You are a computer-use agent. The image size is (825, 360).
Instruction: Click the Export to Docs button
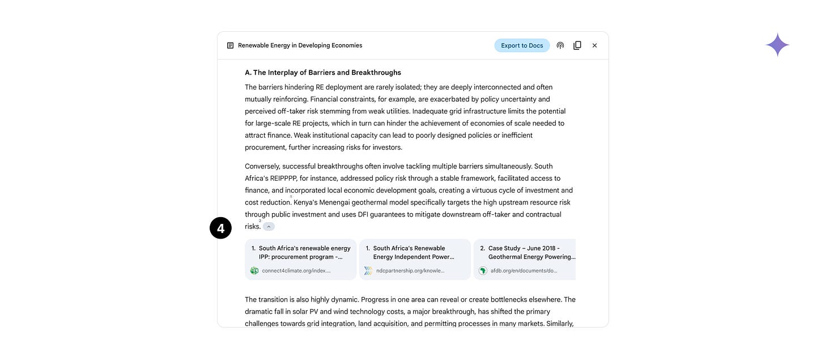coord(522,45)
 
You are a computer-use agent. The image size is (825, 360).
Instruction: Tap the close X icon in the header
coord(594,45)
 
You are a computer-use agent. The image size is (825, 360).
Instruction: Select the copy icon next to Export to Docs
coord(577,45)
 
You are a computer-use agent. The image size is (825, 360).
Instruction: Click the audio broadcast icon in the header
coord(560,45)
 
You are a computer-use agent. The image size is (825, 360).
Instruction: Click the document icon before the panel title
coord(230,45)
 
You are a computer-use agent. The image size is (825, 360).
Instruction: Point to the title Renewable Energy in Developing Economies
coord(300,45)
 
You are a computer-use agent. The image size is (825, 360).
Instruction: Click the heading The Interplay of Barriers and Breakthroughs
coord(323,73)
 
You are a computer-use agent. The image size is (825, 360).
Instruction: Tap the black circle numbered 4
coord(220,228)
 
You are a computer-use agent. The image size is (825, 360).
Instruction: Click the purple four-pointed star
coord(777,45)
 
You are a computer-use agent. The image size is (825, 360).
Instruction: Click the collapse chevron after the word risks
coord(269,227)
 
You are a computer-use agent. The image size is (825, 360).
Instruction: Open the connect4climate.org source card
coord(300,259)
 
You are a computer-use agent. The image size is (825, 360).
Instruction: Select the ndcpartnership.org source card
coord(415,259)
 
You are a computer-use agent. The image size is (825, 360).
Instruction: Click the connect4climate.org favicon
coord(254,271)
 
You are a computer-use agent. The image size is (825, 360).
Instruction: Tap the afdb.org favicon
coord(483,271)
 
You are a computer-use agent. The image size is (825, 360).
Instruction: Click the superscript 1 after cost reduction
coord(291,197)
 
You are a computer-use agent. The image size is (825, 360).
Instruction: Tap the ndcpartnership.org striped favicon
coord(368,271)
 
